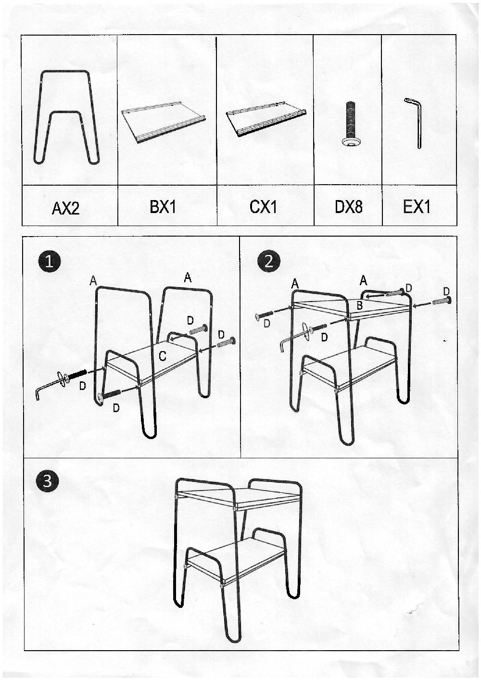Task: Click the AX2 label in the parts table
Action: point(65,208)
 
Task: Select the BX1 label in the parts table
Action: point(163,207)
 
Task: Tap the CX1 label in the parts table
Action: point(263,207)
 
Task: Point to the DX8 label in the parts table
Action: point(348,207)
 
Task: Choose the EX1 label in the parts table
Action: point(417,207)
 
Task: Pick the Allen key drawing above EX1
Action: point(414,123)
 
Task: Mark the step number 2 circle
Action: point(268,261)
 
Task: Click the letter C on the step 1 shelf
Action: point(163,356)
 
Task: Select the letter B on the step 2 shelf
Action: point(359,305)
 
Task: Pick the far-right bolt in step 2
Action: point(441,301)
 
